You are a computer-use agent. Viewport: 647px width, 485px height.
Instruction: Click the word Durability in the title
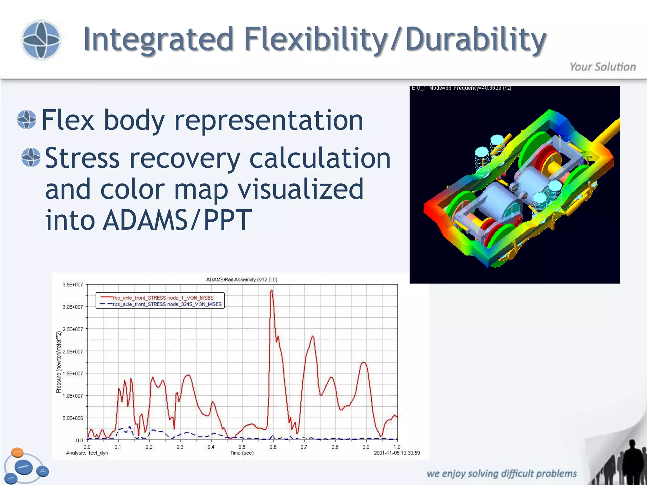click(x=475, y=39)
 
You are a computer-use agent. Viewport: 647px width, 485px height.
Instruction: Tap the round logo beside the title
click(x=41, y=40)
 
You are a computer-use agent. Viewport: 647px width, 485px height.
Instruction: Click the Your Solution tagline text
click(x=602, y=67)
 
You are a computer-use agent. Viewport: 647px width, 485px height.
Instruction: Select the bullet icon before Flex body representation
click(x=27, y=120)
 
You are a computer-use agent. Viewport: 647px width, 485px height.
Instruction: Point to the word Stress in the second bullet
click(x=82, y=158)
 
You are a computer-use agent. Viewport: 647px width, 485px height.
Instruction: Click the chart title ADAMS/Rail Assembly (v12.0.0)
click(x=242, y=279)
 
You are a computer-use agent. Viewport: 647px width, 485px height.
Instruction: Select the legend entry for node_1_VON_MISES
click(x=163, y=298)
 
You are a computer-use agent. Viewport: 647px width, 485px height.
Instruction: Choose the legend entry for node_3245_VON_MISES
click(x=167, y=304)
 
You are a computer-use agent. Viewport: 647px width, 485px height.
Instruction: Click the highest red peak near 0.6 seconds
click(x=271, y=291)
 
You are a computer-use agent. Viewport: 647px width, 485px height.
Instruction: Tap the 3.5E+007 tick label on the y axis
click(x=73, y=284)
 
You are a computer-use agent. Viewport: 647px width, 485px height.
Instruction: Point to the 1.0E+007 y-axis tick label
click(x=73, y=396)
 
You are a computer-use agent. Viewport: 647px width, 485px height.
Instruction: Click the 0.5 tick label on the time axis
click(x=242, y=447)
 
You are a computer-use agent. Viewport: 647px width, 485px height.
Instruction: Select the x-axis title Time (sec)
click(x=242, y=453)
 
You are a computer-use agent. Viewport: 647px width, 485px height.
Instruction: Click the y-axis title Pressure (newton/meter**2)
click(x=58, y=362)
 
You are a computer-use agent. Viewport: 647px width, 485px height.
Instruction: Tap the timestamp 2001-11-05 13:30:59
click(x=397, y=453)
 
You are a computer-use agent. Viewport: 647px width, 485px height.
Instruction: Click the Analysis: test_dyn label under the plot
click(x=87, y=453)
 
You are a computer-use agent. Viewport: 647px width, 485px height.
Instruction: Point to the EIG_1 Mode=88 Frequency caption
click(x=461, y=88)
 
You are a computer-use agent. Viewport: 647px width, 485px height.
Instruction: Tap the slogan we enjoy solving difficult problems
click(x=502, y=474)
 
